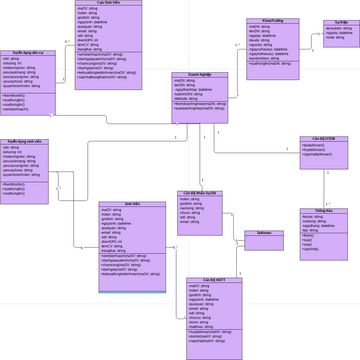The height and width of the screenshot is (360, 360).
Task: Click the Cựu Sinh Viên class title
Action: click(x=109, y=3)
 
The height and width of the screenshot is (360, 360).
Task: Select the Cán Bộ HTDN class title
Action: click(x=323, y=138)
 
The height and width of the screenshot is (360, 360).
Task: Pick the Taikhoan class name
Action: click(x=263, y=232)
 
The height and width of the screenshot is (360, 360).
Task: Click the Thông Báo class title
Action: click(x=323, y=210)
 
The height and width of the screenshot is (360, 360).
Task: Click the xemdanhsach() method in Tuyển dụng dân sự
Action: click(x=23, y=107)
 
